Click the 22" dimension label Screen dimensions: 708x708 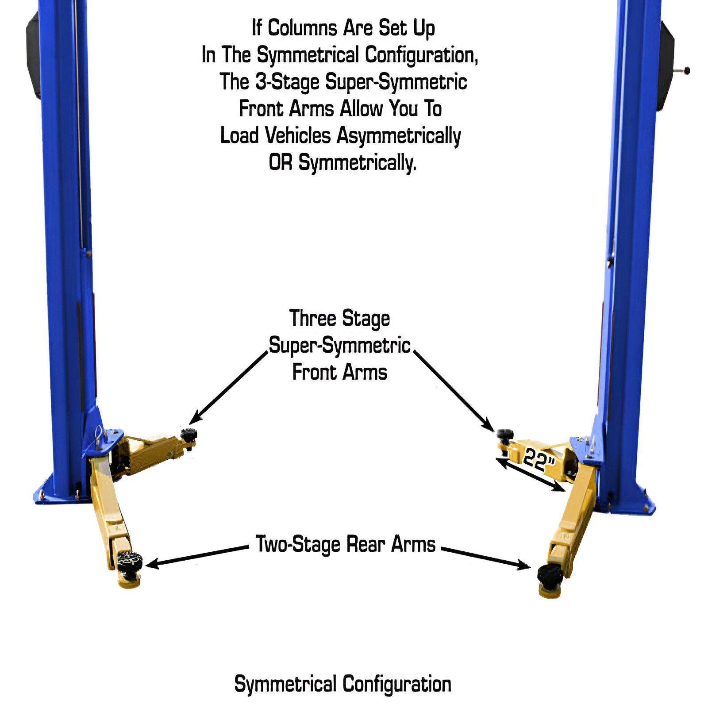point(539,460)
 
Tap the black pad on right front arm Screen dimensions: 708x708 point(504,434)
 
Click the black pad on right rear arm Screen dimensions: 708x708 point(550,574)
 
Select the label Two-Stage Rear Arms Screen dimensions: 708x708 point(346,544)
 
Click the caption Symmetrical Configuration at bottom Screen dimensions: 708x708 point(342,684)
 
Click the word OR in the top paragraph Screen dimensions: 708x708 point(281,162)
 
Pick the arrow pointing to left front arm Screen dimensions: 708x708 point(229,387)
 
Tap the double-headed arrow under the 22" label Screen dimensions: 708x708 point(530,475)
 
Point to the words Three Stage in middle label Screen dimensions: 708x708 point(339,319)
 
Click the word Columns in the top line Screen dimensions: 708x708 point(302,28)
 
